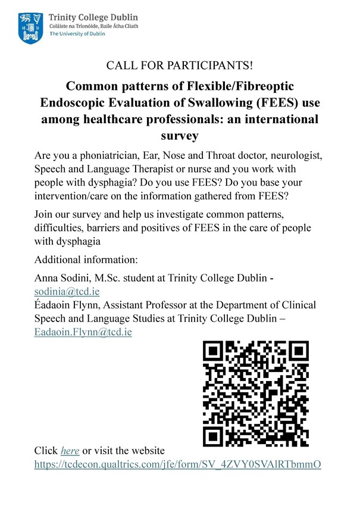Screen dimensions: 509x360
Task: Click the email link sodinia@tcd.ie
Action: pyautogui.click(x=67, y=292)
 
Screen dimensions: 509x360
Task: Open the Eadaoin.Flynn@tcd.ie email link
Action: pyautogui.click(x=83, y=332)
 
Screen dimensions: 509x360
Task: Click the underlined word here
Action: pyautogui.click(x=70, y=450)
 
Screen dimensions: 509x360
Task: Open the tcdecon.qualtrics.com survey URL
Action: pyautogui.click(x=178, y=464)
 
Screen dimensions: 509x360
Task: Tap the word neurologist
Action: pyautogui.click(x=288, y=156)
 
